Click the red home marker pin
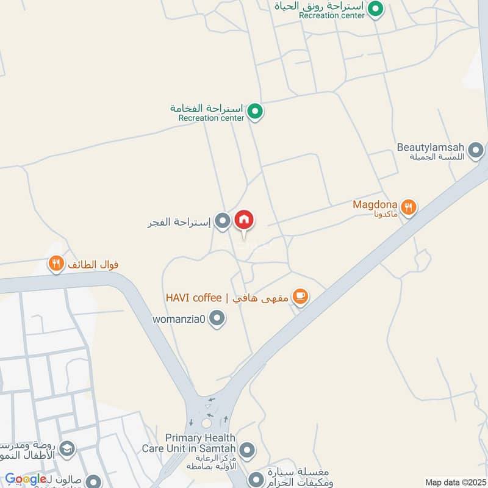[244, 220]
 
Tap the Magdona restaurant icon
[409, 207]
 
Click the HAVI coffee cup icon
[300, 297]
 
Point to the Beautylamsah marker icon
[476, 149]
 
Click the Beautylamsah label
[431, 148]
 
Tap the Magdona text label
[375, 205]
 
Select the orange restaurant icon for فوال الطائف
[56, 264]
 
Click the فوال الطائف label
[93, 265]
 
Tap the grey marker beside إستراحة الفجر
[223, 221]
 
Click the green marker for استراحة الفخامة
[256, 112]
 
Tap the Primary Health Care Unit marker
[247, 450]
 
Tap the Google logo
[26, 479]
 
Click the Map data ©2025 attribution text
[454, 483]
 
